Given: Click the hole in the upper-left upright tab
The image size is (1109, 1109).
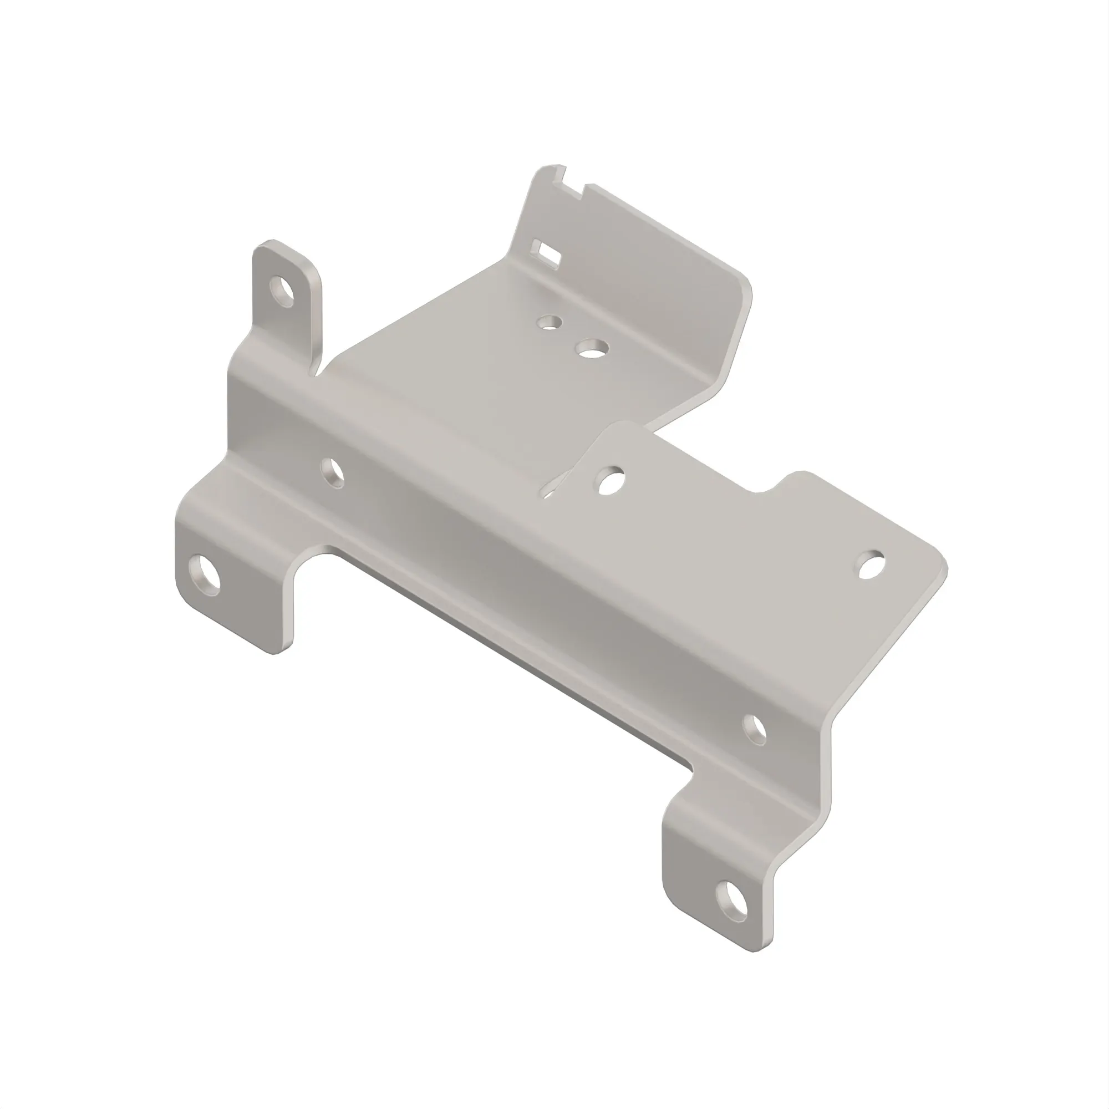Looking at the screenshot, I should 283,291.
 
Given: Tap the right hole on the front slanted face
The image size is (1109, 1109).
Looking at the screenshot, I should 754,730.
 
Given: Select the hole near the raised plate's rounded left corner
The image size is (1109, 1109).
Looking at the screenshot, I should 611,481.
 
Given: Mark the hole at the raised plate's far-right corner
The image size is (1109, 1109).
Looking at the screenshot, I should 872,564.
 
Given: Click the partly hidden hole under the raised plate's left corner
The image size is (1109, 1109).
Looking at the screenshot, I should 550,492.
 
